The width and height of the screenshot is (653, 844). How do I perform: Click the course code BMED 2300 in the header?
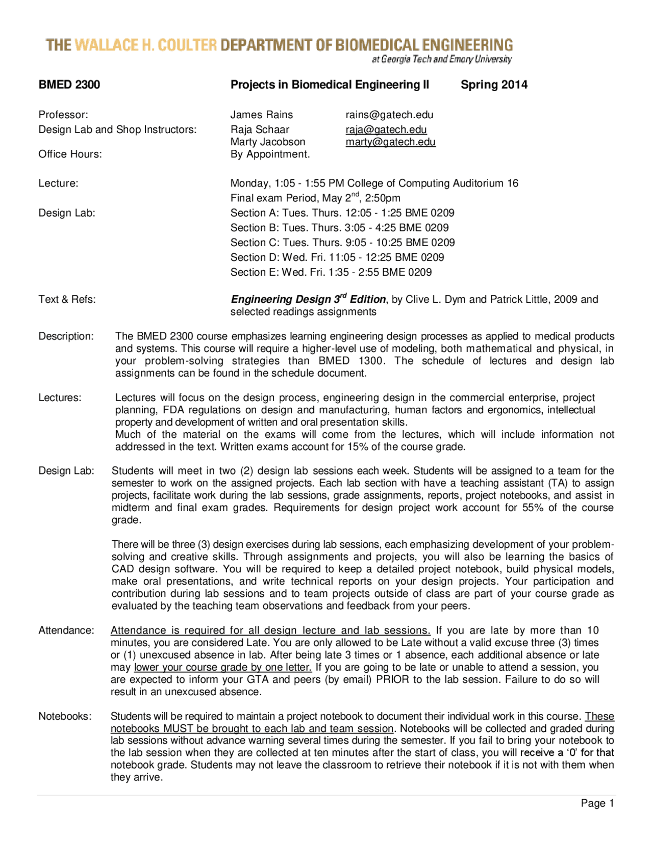69,85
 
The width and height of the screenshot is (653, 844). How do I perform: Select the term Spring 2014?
494,85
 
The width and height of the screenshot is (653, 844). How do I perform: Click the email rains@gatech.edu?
389,115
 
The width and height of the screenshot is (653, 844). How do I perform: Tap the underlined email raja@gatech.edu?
386,129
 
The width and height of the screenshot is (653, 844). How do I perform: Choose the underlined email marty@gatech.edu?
390,142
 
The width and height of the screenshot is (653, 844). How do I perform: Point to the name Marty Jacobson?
267,142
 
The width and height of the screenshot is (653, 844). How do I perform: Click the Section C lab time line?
342,243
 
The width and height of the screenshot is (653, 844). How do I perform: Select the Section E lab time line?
331,272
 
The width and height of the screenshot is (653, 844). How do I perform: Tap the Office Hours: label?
70,154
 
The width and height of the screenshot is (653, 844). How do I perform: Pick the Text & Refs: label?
67,299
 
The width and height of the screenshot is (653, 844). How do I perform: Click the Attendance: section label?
66,630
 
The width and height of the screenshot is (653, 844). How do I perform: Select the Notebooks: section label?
65,716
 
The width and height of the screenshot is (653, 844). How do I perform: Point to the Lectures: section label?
60,398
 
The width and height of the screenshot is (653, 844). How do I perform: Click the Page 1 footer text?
597,803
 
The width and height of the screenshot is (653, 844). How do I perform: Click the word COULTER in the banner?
187,45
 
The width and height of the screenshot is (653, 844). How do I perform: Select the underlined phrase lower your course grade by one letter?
222,667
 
